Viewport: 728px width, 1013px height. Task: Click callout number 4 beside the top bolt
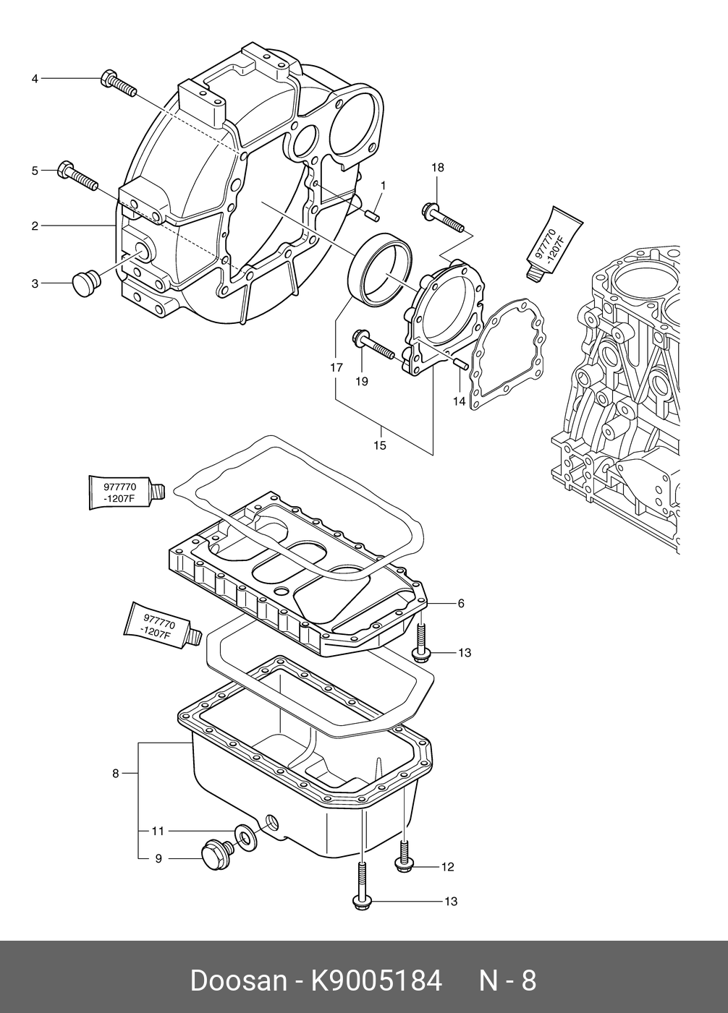tap(35, 79)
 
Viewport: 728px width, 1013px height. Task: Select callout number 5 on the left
tap(35, 171)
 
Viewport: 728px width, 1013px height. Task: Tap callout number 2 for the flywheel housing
tap(35, 226)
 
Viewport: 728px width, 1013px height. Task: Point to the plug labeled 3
tap(87, 283)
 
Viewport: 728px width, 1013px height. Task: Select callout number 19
tap(362, 382)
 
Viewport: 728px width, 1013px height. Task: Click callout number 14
tap(459, 401)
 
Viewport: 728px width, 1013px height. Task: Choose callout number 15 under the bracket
tap(380, 445)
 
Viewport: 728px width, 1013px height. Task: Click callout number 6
tap(461, 603)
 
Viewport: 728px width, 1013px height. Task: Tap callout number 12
tap(447, 867)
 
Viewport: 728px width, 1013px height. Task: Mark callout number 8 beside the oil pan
tap(116, 774)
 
